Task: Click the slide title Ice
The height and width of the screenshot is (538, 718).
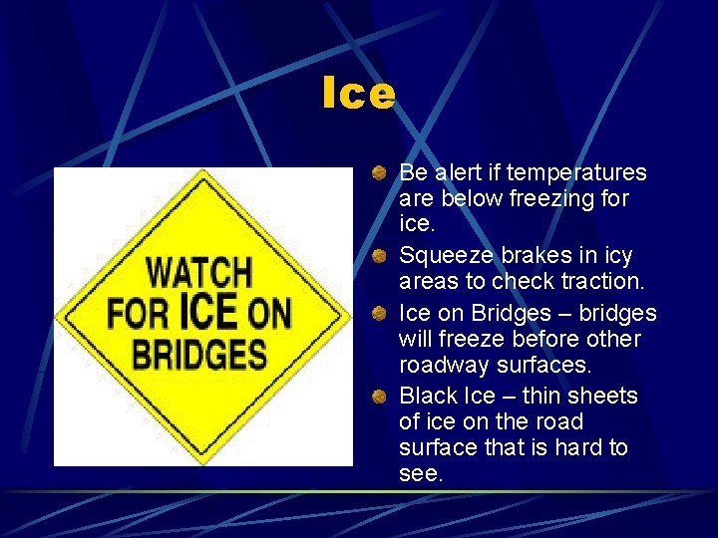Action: click(359, 95)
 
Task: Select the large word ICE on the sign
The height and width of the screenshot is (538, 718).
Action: click(208, 310)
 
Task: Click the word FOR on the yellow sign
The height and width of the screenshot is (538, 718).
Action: click(140, 314)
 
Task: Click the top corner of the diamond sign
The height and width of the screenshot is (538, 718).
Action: click(202, 172)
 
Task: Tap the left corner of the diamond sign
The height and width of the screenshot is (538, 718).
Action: click(60, 318)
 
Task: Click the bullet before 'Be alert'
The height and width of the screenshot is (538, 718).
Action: click(381, 174)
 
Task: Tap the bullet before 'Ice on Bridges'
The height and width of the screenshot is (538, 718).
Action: click(381, 314)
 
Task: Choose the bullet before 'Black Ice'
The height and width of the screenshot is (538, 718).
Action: click(381, 398)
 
